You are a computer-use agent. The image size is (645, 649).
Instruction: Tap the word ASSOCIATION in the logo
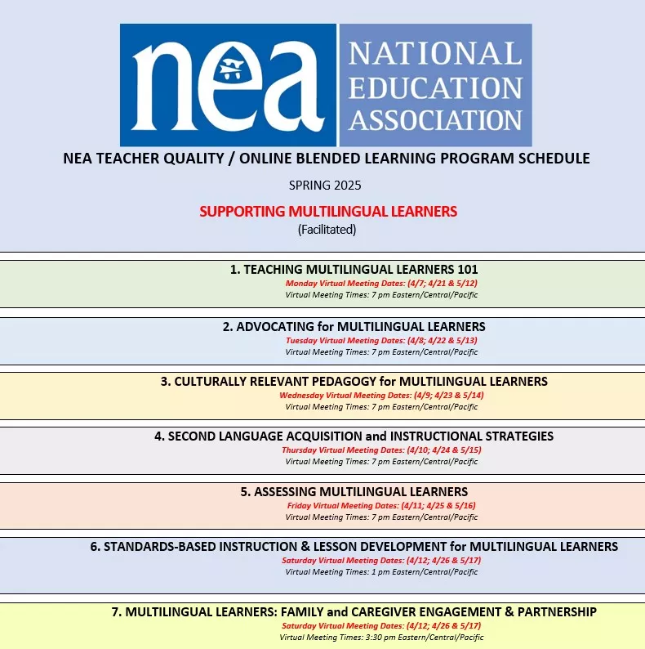(x=435, y=120)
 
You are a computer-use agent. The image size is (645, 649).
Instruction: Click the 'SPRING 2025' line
(x=325, y=186)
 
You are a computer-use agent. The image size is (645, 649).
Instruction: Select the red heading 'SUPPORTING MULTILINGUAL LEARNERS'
(x=328, y=212)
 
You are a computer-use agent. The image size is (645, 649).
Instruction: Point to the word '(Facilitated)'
(x=327, y=230)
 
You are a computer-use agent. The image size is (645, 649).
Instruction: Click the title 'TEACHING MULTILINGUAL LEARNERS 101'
(x=354, y=270)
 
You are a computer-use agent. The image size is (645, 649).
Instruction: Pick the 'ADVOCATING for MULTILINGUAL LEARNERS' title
(x=354, y=327)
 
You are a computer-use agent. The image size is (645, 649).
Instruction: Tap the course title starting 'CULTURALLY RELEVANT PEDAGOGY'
(x=354, y=382)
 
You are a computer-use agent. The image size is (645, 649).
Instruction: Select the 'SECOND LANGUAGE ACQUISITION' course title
(x=354, y=436)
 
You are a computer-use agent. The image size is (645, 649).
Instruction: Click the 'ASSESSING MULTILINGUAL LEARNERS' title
(x=354, y=492)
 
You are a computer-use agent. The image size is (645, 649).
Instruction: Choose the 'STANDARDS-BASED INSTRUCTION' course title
(x=354, y=547)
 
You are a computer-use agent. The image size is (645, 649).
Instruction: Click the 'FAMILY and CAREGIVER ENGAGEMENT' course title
(x=354, y=612)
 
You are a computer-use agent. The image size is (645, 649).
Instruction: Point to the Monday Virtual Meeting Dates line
(x=381, y=283)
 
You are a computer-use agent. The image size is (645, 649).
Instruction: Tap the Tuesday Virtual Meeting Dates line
(x=381, y=340)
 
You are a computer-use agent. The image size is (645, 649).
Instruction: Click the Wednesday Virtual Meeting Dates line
(x=381, y=395)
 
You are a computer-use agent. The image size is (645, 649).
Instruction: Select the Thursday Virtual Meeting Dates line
(x=381, y=450)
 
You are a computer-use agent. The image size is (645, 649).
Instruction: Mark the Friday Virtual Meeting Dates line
(x=381, y=505)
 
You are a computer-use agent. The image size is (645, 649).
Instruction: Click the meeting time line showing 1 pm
(x=381, y=572)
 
